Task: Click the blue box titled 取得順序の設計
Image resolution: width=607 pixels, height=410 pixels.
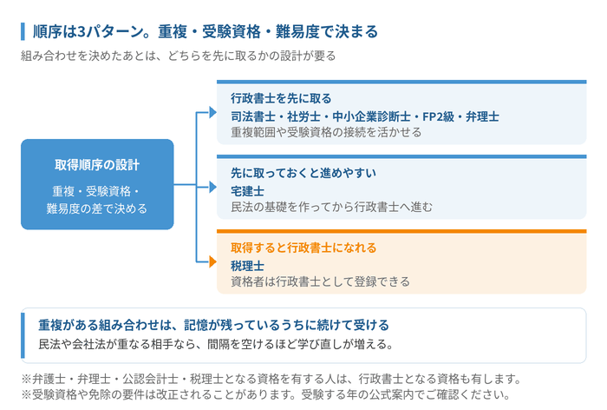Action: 97,184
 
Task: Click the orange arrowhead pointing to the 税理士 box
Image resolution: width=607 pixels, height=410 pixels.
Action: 212,261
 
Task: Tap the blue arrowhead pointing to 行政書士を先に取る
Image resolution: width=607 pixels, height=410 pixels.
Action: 212,112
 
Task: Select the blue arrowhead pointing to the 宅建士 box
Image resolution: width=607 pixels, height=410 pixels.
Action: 212,187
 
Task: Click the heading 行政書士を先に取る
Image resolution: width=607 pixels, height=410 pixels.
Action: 281,98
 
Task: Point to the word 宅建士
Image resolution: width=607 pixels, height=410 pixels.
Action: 247,191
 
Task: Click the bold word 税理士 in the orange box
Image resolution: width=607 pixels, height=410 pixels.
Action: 247,266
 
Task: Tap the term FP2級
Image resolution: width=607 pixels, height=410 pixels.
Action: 438,116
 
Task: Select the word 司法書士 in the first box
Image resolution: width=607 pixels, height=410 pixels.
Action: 253,116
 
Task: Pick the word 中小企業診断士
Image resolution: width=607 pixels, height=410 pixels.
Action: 371,116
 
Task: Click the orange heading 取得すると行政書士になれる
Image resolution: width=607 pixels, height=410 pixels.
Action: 303,248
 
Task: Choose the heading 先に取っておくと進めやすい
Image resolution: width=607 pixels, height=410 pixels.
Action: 303,173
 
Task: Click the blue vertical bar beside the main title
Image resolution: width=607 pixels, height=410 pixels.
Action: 23,31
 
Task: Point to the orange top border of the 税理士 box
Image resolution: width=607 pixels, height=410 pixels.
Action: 401,231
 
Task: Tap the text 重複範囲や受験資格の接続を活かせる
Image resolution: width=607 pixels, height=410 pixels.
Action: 326,132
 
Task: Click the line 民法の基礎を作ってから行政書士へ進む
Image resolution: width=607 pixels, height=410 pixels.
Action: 331,207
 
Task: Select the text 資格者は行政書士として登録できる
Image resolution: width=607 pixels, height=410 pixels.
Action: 320,281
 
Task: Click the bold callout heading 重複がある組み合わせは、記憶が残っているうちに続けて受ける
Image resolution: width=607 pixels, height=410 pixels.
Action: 213,325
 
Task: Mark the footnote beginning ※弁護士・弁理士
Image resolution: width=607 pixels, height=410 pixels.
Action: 271,379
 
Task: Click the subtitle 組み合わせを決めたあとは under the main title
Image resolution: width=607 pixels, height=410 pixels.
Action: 178,56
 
